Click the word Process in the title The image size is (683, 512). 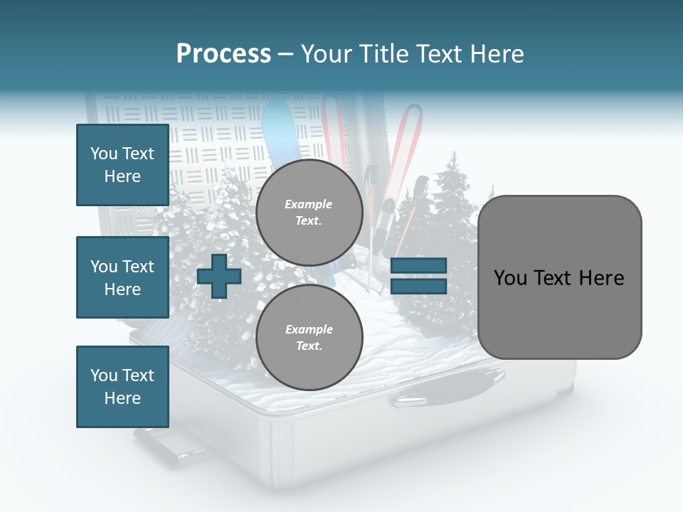(x=223, y=54)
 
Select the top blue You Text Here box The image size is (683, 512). (x=122, y=165)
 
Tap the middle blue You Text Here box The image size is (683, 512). (x=122, y=277)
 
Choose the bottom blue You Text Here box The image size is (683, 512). (x=122, y=387)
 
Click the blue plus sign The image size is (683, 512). (x=219, y=276)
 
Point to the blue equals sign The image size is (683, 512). (x=418, y=276)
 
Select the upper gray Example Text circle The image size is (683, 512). (x=309, y=213)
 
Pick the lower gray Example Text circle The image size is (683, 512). (x=309, y=338)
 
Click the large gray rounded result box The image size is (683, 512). (x=559, y=277)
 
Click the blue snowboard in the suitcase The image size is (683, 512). (x=280, y=135)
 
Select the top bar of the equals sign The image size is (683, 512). (x=418, y=266)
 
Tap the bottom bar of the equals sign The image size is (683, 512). (x=418, y=286)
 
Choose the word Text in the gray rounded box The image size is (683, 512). (x=559, y=277)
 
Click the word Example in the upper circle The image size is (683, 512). (x=309, y=205)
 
